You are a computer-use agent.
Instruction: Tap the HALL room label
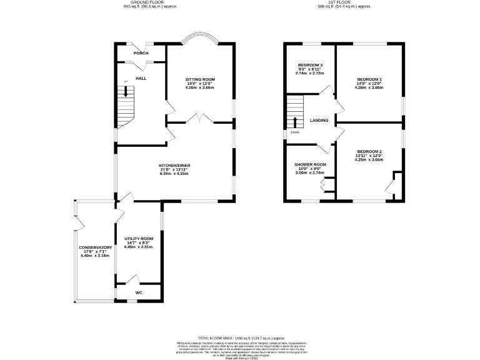pyautogui.click(x=141, y=78)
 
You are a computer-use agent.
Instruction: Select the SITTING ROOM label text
pyautogui.click(x=200, y=79)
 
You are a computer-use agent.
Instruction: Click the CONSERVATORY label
pyautogui.click(x=95, y=247)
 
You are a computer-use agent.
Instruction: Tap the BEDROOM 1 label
pyautogui.click(x=369, y=79)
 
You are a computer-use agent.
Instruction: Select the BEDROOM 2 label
pyautogui.click(x=369, y=151)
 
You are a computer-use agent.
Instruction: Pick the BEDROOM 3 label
pyautogui.click(x=310, y=66)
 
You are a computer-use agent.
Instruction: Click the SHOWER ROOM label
pyautogui.click(x=310, y=165)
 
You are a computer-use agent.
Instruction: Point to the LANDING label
pyautogui.click(x=319, y=120)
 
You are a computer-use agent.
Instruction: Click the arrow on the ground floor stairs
pyautogui.click(x=127, y=91)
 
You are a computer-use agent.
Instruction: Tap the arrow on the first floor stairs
pyautogui.click(x=295, y=120)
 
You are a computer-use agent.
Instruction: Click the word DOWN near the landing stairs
pyautogui.click(x=294, y=132)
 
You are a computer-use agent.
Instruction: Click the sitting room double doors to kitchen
pyautogui.click(x=200, y=119)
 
